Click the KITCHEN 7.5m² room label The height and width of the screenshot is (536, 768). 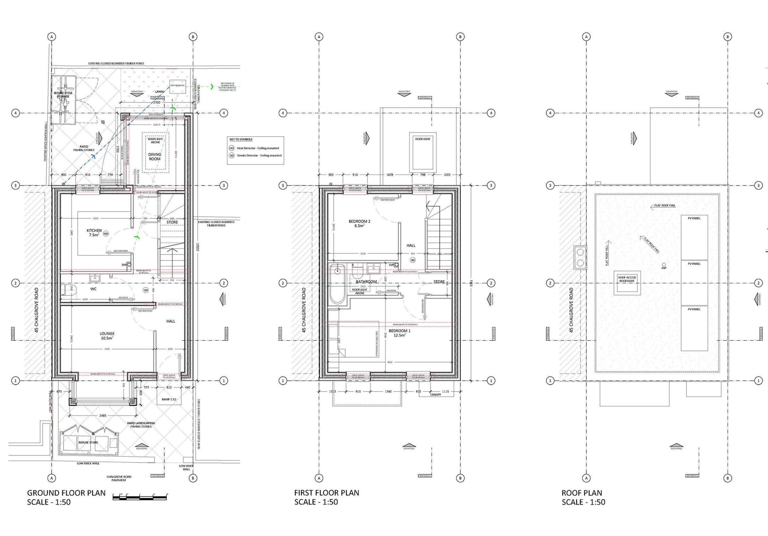(x=94, y=232)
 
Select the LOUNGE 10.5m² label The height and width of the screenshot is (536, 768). (x=107, y=336)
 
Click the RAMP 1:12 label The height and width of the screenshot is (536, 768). (x=169, y=399)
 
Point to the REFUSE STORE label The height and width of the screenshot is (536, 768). (x=88, y=442)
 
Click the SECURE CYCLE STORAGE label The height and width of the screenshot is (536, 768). (x=63, y=95)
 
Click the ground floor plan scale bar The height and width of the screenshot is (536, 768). (x=140, y=497)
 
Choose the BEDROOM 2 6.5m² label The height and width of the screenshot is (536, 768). (x=359, y=223)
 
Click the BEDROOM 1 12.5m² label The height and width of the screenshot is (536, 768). (x=399, y=333)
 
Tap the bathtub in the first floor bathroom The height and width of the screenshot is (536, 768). (x=337, y=284)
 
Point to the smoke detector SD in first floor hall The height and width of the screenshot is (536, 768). (x=413, y=260)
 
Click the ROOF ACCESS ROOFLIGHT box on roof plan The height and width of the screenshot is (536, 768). (x=627, y=283)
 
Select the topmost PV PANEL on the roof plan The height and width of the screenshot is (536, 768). (x=694, y=237)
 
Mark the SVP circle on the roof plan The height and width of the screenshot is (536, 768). (x=664, y=265)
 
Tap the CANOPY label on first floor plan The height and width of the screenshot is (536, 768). (x=435, y=395)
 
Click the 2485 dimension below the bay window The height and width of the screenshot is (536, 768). (x=103, y=416)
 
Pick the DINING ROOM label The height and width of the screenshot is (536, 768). (x=155, y=157)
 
